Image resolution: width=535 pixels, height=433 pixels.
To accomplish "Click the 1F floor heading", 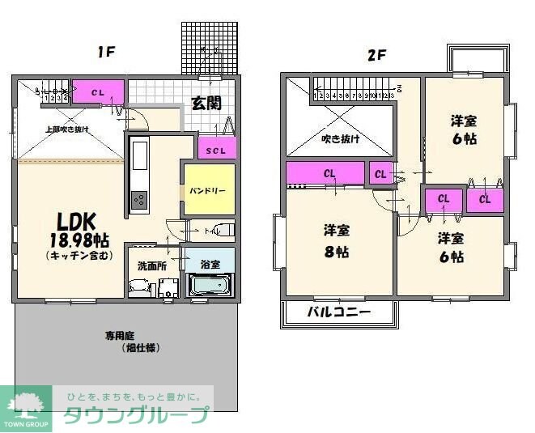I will tap(107, 53).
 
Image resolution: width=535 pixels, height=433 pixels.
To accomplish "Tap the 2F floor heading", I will tap(376, 56).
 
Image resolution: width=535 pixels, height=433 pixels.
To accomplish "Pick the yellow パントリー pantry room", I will tap(208, 189).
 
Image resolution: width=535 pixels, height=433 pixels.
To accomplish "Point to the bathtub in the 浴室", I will tap(210, 285).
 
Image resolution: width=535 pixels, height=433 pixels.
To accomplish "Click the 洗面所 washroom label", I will tap(151, 265).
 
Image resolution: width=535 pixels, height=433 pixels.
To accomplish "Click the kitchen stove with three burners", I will tap(138, 198).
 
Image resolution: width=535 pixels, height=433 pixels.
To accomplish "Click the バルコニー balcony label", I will tap(339, 312).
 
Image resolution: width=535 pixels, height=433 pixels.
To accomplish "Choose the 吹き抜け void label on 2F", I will tap(340, 138).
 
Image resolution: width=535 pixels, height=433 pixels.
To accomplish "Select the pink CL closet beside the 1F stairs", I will tap(98, 91).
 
